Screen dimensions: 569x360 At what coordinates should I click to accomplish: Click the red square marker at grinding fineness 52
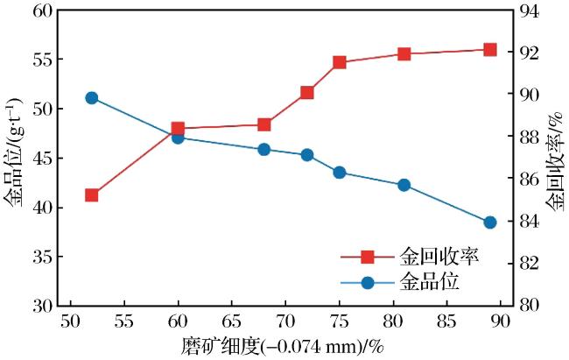coord(91,195)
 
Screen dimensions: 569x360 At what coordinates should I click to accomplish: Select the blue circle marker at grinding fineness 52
coord(91,98)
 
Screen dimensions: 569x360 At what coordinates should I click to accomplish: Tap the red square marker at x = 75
coord(340,62)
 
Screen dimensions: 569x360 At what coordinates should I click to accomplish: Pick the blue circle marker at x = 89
coord(490,222)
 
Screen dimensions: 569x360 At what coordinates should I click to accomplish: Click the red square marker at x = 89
coord(490,50)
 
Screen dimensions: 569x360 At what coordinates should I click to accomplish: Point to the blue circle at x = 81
coord(404,186)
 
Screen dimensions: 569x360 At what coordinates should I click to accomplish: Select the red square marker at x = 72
coord(307,93)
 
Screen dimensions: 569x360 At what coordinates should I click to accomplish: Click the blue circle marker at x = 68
coord(264,150)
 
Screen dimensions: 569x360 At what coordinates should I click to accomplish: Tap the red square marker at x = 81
coord(404,54)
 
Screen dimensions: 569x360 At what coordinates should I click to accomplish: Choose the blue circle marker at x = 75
coord(340,173)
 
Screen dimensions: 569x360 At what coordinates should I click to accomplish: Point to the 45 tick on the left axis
coord(43,159)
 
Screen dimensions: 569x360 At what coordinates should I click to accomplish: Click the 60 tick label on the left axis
coord(43,11)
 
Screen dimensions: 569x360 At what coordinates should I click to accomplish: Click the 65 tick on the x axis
coord(231,321)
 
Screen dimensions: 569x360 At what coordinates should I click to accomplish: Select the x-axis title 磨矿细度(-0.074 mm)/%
coord(283,346)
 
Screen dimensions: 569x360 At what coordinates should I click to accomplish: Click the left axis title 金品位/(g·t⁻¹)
coord(14,152)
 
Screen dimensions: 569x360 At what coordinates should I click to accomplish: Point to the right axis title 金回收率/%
coord(554,162)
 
